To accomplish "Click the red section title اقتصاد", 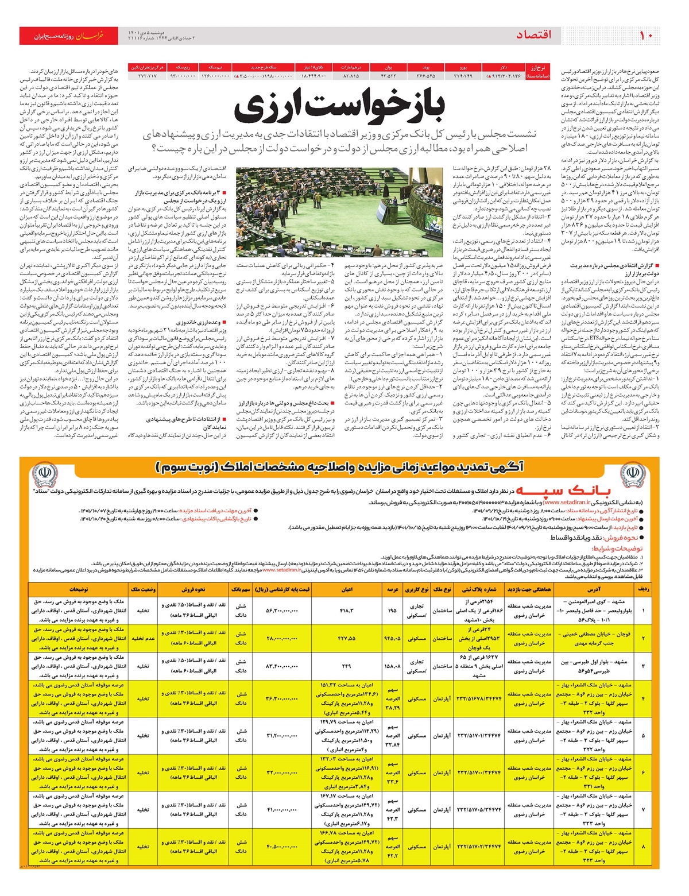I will [x=534, y=36].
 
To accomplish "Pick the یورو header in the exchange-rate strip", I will [x=463, y=67].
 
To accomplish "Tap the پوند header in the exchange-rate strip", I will [x=425, y=67].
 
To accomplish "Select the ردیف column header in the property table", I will [x=644, y=589].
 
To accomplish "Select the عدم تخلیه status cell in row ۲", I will [x=143, y=639].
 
